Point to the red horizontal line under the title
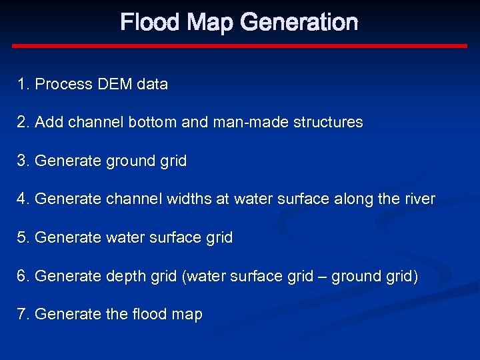pos(240,46)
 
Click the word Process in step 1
pos(63,85)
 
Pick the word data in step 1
pos(152,85)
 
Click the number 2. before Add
pos(24,123)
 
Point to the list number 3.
pos(24,161)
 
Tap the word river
pos(420,199)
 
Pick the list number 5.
pos(24,238)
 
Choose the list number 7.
pos(24,315)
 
